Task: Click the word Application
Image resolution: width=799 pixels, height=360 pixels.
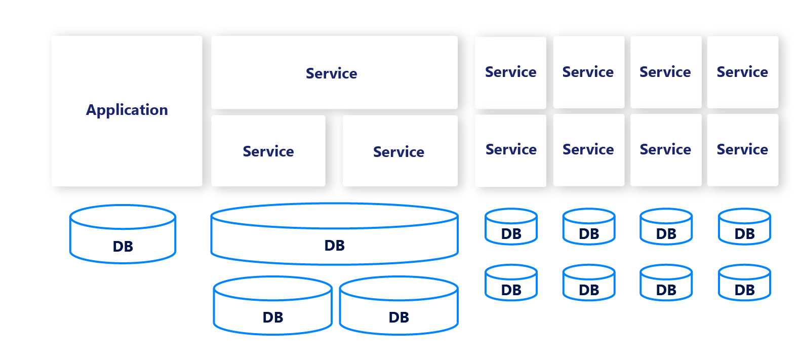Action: coord(127,110)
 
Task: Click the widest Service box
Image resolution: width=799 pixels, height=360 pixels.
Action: coord(334,91)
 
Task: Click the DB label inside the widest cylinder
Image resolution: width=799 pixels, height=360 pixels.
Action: coord(334,246)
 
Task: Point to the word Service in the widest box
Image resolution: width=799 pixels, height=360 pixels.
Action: coord(331,73)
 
